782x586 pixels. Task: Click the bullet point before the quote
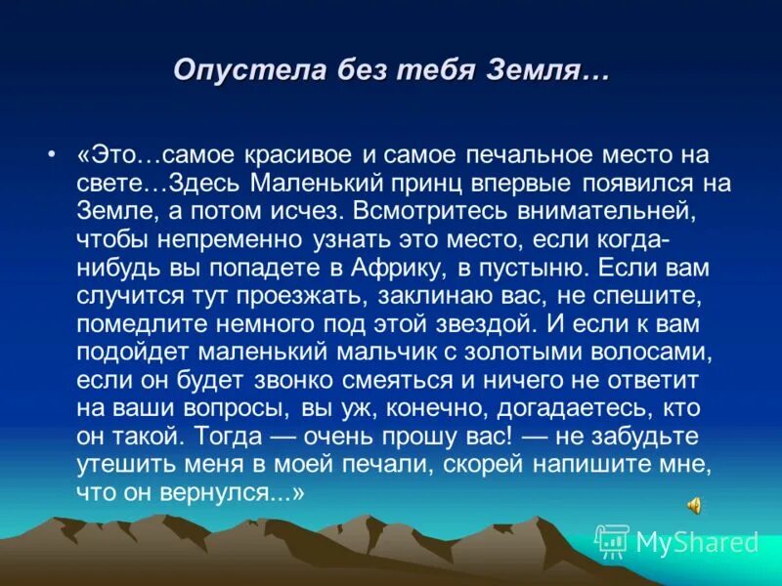coord(50,155)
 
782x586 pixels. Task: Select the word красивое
coord(294,155)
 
